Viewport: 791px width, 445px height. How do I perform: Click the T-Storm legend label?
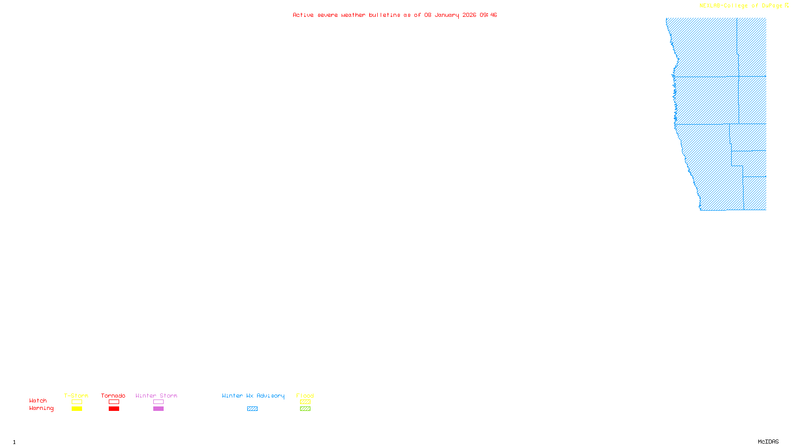point(76,396)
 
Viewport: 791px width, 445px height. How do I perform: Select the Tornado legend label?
point(113,396)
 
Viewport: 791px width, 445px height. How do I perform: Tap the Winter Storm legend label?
point(156,396)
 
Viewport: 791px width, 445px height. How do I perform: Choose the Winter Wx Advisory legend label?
point(253,396)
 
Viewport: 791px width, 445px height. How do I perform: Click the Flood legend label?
point(305,396)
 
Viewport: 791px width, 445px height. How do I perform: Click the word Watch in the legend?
point(38,400)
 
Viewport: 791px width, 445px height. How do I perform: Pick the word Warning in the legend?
point(41,408)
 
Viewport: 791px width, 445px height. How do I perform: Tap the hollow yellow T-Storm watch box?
point(77,402)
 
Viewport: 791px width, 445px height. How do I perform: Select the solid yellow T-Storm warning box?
point(77,409)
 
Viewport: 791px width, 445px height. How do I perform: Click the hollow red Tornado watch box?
point(114,402)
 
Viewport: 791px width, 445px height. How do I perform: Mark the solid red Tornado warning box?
point(114,409)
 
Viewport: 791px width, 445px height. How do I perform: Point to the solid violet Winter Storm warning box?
point(158,409)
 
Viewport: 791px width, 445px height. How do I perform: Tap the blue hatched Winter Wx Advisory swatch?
point(252,409)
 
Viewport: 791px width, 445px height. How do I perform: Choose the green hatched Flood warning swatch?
point(305,409)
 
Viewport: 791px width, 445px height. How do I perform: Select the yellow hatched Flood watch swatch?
point(305,402)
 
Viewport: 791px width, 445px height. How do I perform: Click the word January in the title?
point(447,15)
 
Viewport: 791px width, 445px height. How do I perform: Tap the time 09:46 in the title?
point(488,15)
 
